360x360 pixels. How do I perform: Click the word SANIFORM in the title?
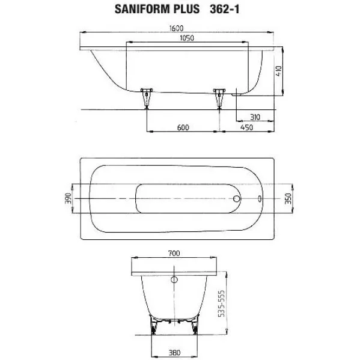141,10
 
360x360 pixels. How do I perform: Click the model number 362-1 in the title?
225,10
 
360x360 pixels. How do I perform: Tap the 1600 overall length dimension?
176,28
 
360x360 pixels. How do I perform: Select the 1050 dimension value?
187,38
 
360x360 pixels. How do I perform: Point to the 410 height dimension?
278,71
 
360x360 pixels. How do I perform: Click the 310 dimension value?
255,117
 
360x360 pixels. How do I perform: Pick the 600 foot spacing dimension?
183,127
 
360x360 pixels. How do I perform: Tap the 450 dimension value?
246,127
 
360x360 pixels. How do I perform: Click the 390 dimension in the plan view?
68,198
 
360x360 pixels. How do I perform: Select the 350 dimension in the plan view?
288,198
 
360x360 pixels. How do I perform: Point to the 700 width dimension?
174,254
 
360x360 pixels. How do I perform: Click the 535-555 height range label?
221,304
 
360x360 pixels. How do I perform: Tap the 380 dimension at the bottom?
174,352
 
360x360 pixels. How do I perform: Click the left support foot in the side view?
147,99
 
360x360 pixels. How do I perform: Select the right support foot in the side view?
219,99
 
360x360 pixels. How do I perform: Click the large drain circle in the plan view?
237,198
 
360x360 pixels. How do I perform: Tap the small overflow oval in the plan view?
260,198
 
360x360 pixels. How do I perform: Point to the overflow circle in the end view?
174,279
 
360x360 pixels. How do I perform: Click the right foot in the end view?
195,326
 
